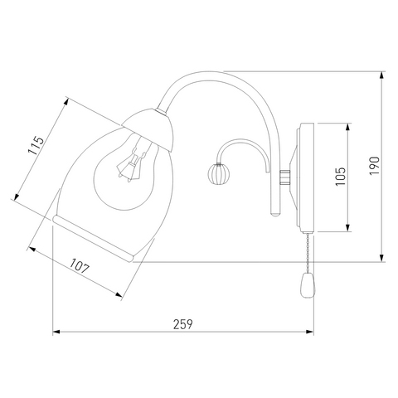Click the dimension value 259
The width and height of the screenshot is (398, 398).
coord(182,324)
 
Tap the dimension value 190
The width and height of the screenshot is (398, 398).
coord(375,166)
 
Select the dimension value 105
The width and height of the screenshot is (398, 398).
coord(341,177)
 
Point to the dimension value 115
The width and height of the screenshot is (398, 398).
coord(36,146)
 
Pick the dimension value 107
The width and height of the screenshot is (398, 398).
coord(80,266)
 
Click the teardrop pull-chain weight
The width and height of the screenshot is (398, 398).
coord(308,285)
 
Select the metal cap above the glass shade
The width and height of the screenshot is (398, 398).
coord(149,129)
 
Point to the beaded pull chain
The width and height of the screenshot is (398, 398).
coord(308,253)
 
